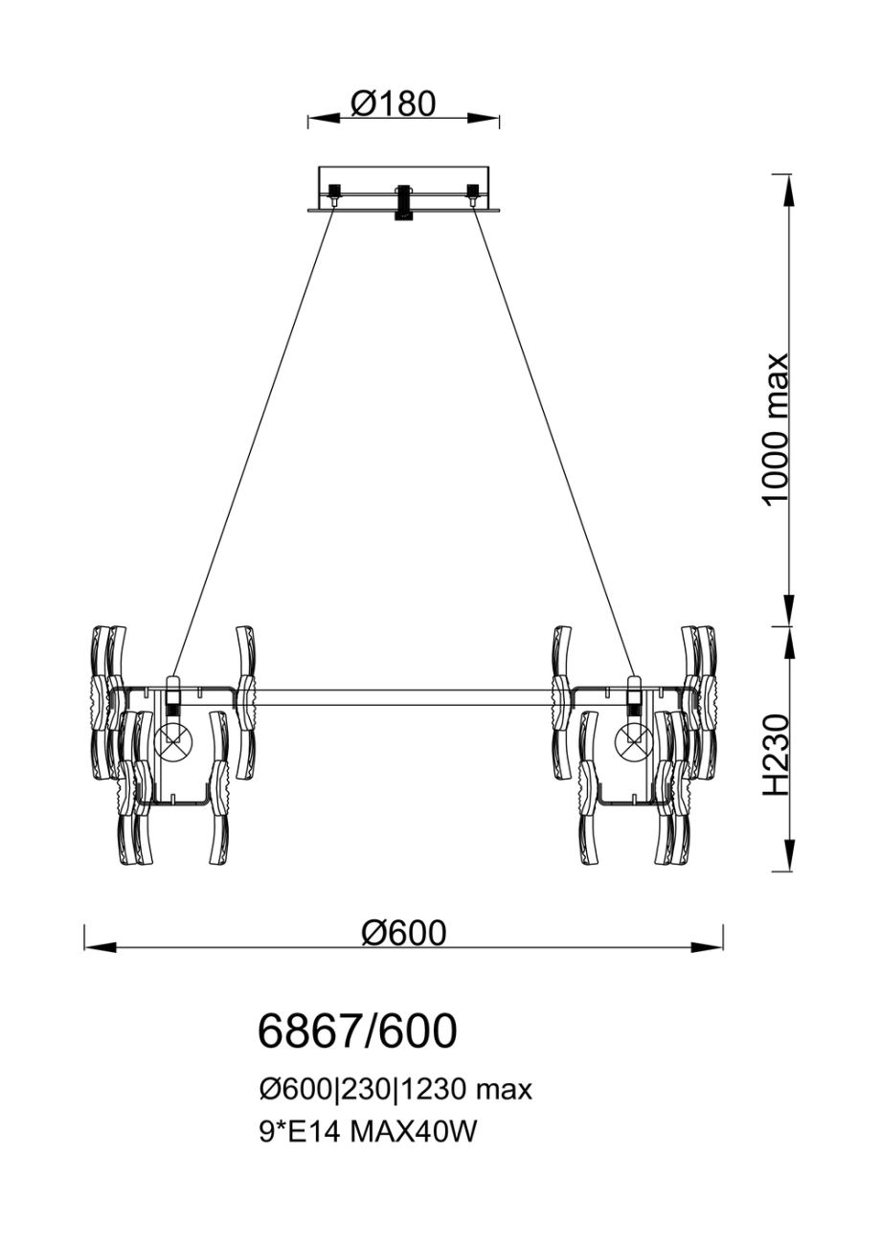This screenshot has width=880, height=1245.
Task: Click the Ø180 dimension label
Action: click(x=394, y=103)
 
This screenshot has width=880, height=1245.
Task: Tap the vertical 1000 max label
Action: click(x=776, y=429)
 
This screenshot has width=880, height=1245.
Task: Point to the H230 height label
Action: click(x=776, y=755)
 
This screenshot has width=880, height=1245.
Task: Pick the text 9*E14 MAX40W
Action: click(x=367, y=1129)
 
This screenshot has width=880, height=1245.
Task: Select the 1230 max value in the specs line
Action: click(x=465, y=1091)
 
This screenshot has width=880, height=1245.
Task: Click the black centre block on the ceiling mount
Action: click(x=403, y=202)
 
